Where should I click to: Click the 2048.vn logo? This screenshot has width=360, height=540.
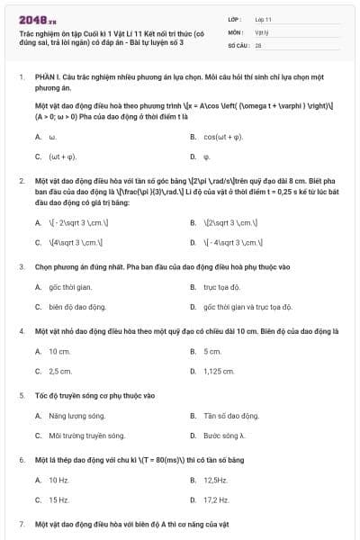point(38,19)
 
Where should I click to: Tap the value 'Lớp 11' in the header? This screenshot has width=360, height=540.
point(264,18)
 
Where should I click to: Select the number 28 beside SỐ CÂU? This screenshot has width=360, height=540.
point(258,44)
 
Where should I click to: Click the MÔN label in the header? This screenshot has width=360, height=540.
point(236,31)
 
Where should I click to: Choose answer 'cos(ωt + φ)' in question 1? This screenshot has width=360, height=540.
point(223,137)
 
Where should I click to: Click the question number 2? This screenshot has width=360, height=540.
point(22,181)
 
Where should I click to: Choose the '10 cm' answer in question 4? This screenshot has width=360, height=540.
point(59,351)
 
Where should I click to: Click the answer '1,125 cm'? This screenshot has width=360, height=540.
point(219,370)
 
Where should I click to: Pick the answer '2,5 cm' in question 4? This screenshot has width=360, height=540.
point(59,370)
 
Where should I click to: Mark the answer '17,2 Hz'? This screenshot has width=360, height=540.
point(216,499)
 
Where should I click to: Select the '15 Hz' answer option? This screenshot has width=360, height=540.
point(58,499)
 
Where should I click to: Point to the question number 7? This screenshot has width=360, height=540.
point(22,523)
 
